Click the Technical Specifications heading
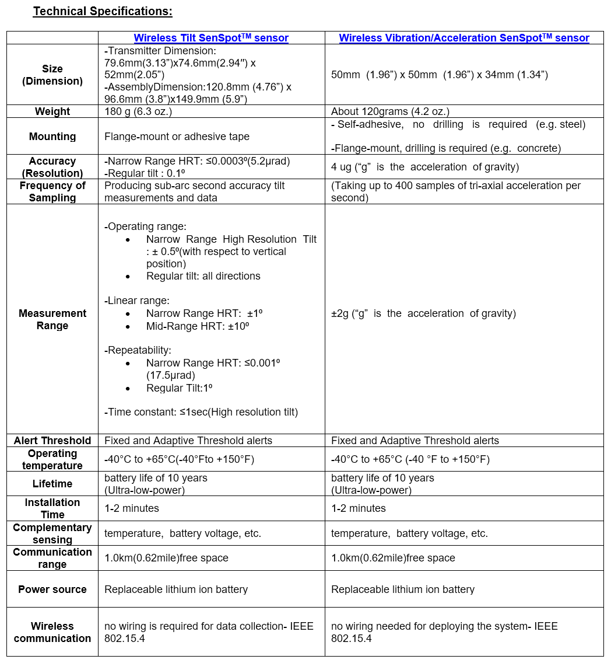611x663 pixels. tap(103, 11)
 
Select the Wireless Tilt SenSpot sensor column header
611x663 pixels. tap(211, 38)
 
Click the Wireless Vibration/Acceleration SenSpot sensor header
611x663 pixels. tap(464, 38)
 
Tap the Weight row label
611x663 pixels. tap(52, 111)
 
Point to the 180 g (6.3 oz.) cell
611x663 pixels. tap(138, 111)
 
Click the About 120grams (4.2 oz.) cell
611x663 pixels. tap(390, 111)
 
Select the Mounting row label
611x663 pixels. tap(52, 137)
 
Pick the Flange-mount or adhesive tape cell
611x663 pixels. tap(177, 137)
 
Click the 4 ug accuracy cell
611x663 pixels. tap(424, 167)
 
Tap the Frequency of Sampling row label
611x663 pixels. tap(52, 191)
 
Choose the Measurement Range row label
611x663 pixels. tap(52, 319)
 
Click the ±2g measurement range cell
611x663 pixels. tap(423, 313)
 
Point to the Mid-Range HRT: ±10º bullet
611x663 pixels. tap(198, 326)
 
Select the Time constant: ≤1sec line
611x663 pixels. tap(201, 412)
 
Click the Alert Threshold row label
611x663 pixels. tap(52, 441)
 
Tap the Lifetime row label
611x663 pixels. tap(52, 484)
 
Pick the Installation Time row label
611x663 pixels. tap(52, 508)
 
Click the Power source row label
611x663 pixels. tap(52, 589)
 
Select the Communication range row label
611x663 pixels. tap(52, 558)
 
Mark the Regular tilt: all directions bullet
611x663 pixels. tap(203, 276)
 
